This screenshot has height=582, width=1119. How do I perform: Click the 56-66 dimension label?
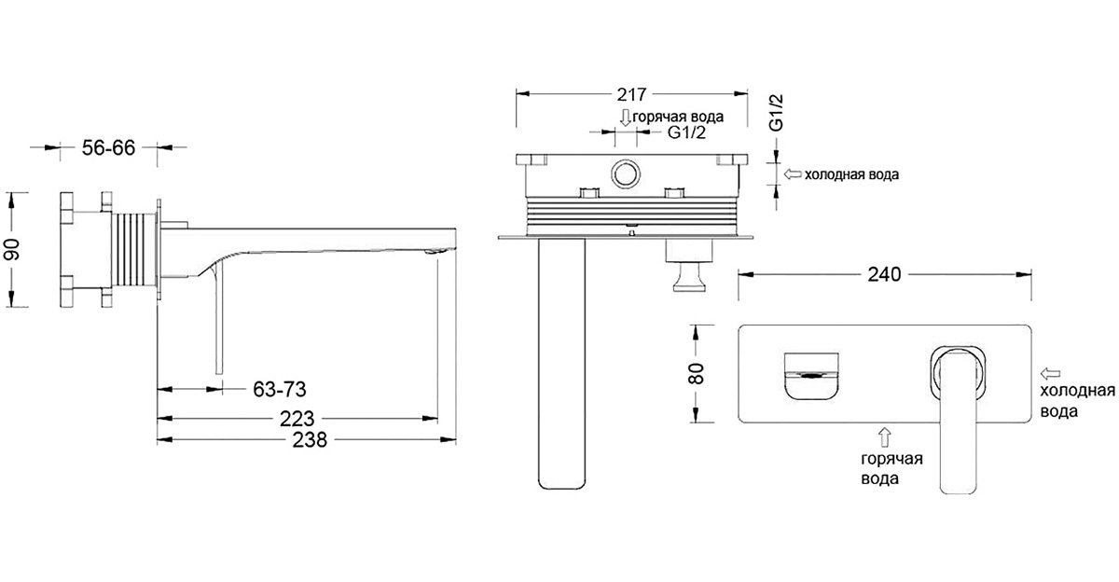[x=108, y=148]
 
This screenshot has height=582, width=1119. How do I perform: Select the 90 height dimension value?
[x=12, y=249]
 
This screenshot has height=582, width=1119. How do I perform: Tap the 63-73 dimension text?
[x=279, y=390]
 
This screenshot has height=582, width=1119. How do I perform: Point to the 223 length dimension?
[x=297, y=419]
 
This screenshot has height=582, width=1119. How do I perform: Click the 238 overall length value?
[x=310, y=440]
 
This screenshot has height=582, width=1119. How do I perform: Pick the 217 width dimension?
[x=631, y=94]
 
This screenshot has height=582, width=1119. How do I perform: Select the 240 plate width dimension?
[x=884, y=274]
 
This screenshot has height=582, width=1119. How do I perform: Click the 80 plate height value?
[x=696, y=373]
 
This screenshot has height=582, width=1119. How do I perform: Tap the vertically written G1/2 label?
[x=776, y=113]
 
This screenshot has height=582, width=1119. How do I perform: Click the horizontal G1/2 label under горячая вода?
[x=687, y=132]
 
